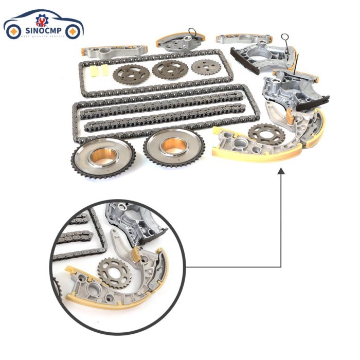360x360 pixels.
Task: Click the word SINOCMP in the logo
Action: [x=43, y=31]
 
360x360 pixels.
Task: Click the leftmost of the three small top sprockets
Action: [x=131, y=73]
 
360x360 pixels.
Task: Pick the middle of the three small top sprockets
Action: [x=170, y=70]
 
